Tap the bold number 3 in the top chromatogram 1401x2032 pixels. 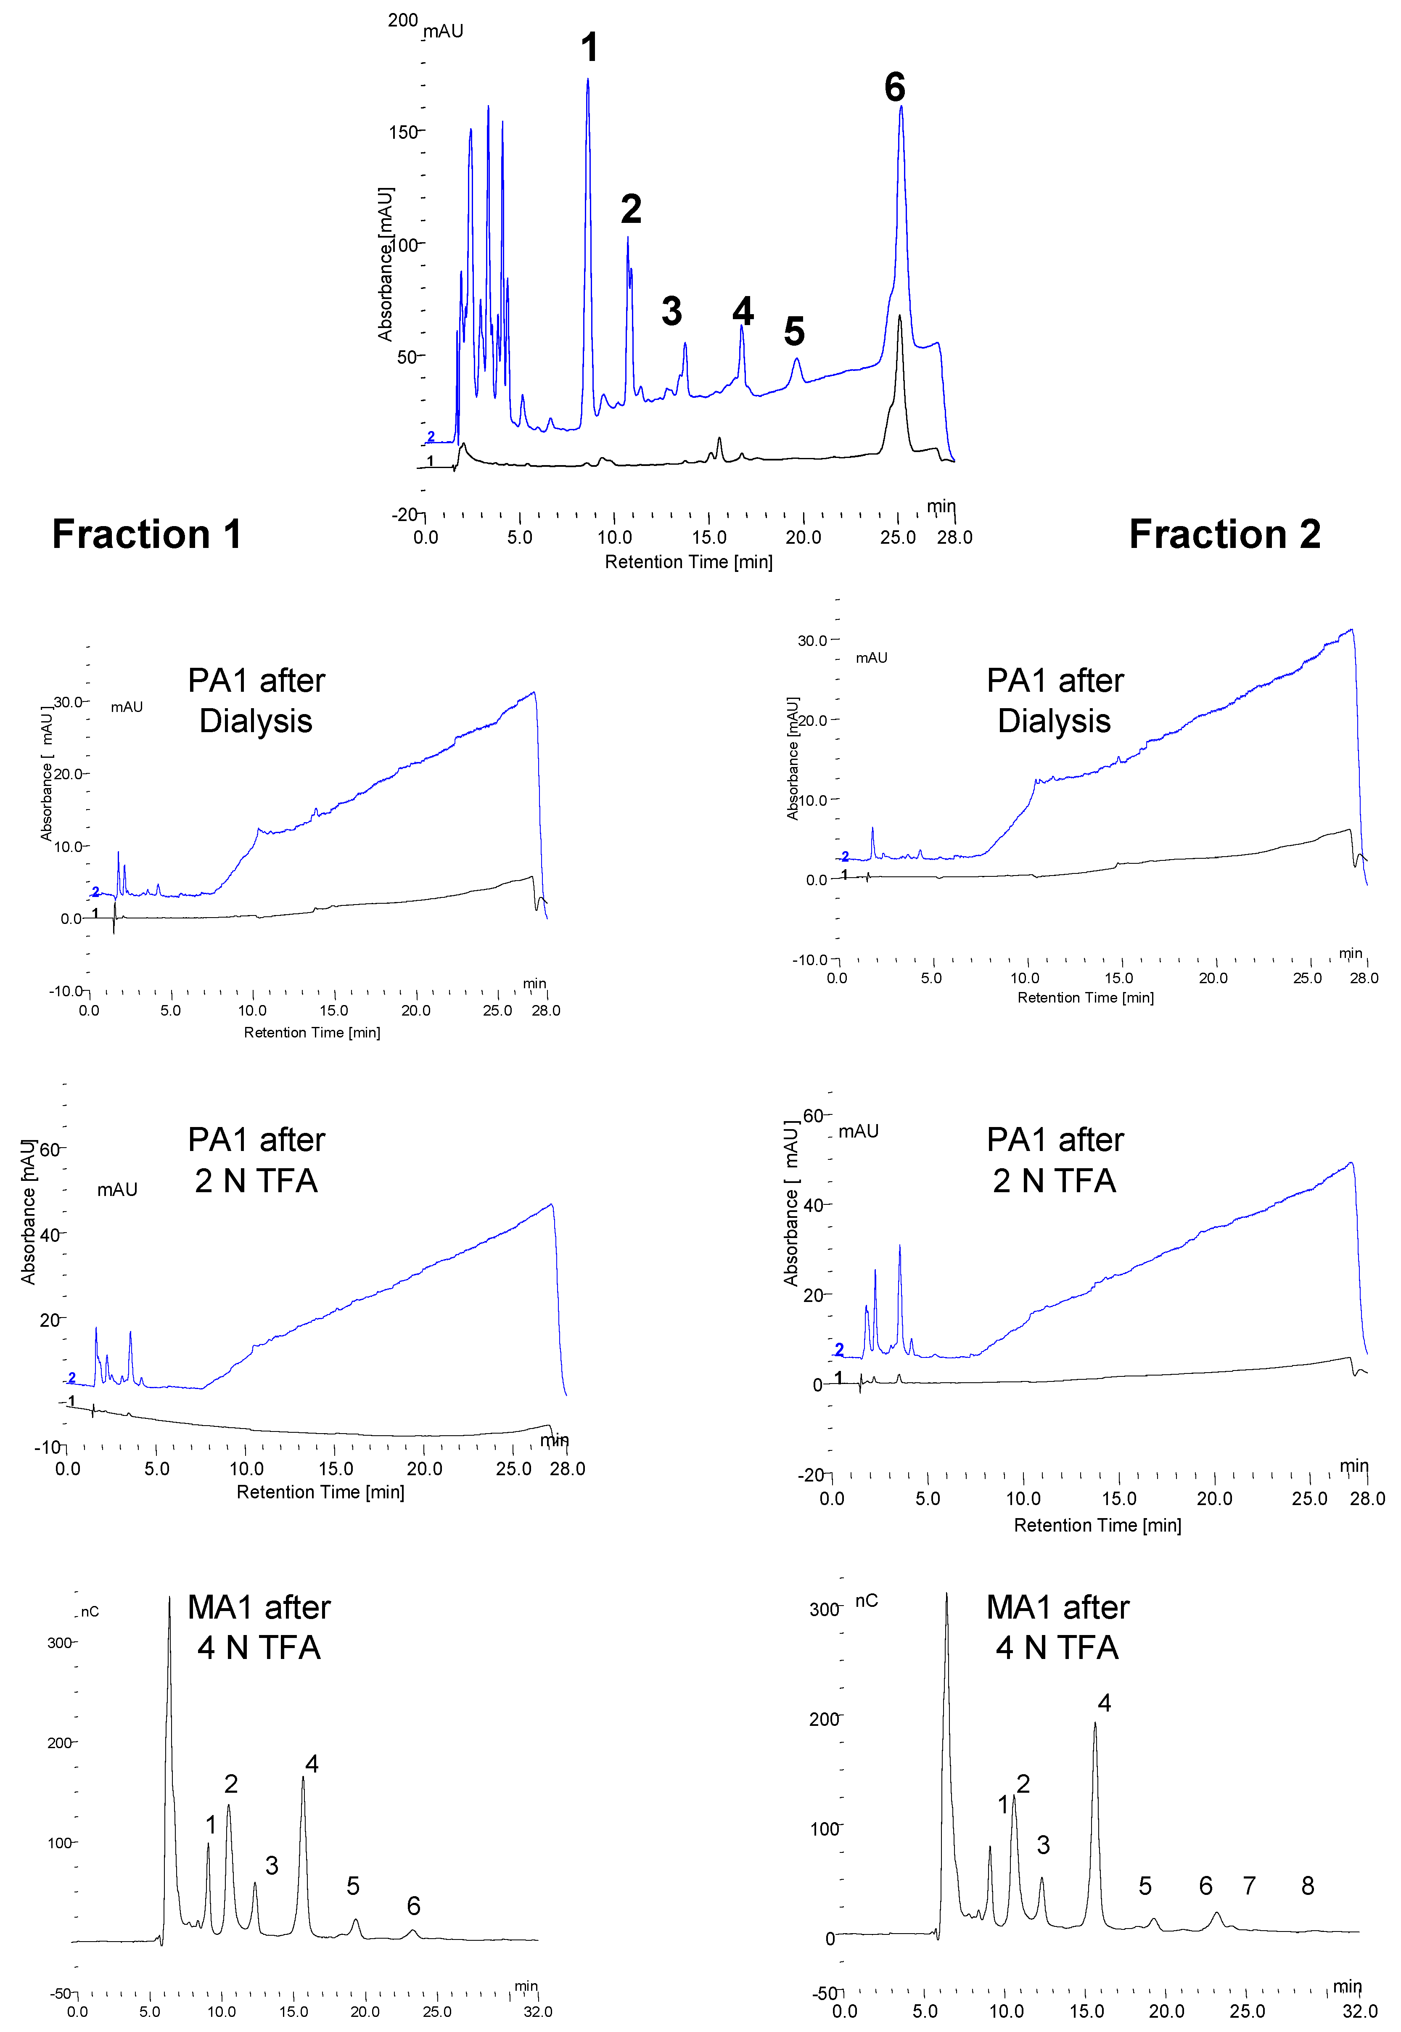coord(671,312)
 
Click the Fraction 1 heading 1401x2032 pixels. coord(147,534)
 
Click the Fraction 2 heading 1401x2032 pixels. coord(1224,534)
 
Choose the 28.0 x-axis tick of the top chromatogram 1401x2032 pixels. coord(954,537)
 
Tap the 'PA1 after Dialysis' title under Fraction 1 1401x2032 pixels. coord(256,701)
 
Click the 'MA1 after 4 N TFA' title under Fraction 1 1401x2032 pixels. coord(259,1627)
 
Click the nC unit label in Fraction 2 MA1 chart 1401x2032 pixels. coord(867,1600)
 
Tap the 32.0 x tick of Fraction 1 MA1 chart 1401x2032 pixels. coord(537,2011)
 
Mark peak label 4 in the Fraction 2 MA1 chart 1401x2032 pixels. coord(1104,1703)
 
